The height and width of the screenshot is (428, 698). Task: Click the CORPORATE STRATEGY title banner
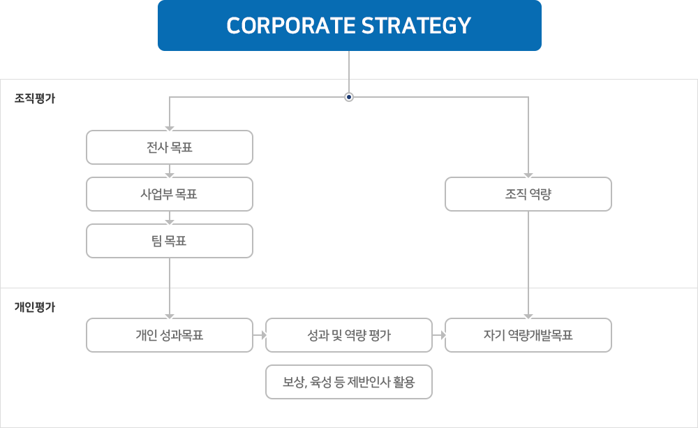click(349, 26)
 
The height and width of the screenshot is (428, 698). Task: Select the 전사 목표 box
click(169, 147)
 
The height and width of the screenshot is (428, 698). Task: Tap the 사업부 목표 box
click(169, 194)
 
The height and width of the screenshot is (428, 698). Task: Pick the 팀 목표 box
click(169, 242)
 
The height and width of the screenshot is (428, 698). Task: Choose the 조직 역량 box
click(528, 194)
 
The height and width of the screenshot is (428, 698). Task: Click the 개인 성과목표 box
click(169, 335)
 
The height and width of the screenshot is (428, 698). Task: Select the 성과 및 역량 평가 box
click(349, 335)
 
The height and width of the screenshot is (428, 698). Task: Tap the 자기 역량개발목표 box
click(528, 335)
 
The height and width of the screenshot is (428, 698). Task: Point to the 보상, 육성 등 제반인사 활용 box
click(349, 382)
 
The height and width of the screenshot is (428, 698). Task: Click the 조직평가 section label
click(34, 99)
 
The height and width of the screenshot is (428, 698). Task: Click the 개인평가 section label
click(34, 307)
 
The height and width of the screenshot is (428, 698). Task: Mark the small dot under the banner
click(348, 98)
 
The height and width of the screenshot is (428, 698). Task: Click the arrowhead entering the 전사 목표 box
click(169, 127)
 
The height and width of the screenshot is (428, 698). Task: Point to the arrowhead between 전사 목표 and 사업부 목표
click(169, 174)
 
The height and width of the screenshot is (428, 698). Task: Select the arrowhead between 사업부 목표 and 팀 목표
click(169, 221)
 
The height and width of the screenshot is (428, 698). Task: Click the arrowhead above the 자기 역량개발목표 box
click(528, 315)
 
